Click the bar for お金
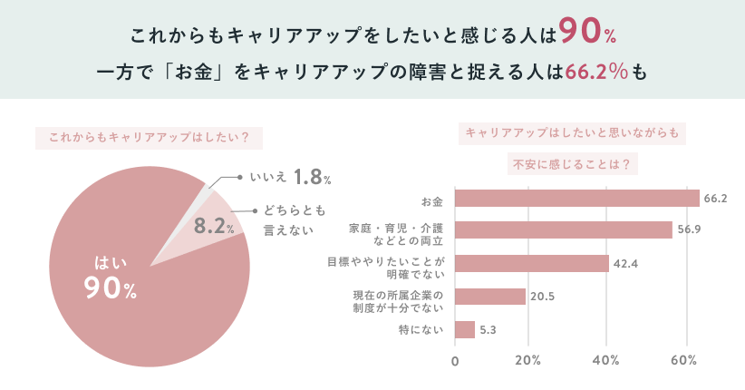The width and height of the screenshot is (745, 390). click(576, 199)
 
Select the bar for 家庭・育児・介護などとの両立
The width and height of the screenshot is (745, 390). click(563, 229)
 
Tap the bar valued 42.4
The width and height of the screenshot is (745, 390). click(531, 263)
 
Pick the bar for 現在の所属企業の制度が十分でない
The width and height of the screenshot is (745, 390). click(489, 296)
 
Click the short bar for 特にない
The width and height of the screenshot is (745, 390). click(465, 329)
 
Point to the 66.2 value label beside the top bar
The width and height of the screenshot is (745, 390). click(716, 199)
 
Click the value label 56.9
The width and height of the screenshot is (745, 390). click(689, 229)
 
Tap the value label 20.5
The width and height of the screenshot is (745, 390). click(543, 296)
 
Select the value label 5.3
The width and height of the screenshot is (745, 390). click(488, 329)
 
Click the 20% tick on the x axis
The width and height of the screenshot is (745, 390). click(527, 360)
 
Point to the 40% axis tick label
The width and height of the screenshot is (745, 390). click(605, 360)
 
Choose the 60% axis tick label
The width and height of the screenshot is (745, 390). click(682, 360)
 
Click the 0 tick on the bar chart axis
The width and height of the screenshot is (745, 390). click(455, 360)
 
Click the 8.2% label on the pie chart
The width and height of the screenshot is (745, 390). click(215, 226)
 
